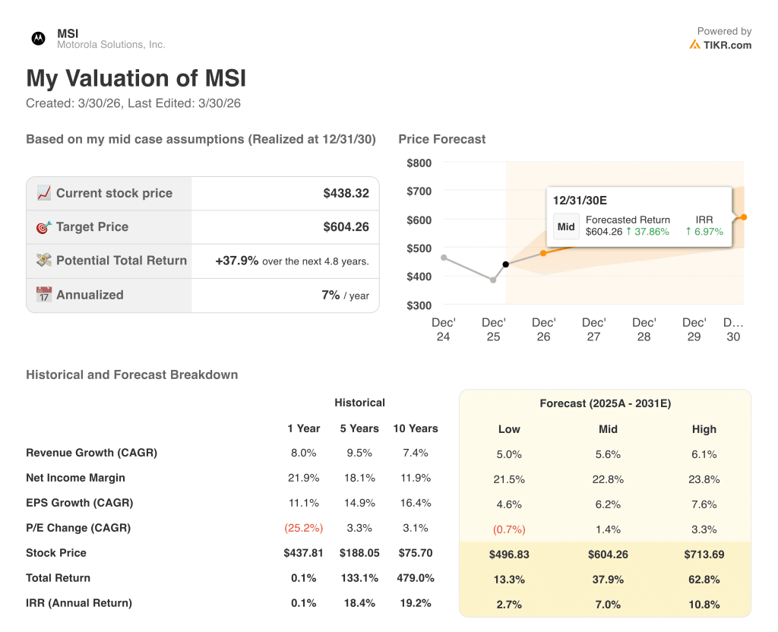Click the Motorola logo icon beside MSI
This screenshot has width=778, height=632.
point(38,38)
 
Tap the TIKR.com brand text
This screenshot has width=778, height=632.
point(727,45)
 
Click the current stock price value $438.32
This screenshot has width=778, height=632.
point(346,194)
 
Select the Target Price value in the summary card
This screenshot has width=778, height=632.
point(346,227)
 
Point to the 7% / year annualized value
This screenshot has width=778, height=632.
point(345,295)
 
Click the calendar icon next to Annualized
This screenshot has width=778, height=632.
point(44,295)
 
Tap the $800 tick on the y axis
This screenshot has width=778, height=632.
point(419,163)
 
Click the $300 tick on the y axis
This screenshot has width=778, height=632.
point(419,305)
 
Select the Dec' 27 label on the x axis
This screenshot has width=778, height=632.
point(593,330)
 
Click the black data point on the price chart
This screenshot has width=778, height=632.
point(506,264)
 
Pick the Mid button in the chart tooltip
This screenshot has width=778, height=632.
point(566,226)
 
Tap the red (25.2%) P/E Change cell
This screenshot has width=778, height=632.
point(303,528)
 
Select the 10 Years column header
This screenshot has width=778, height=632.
point(415,428)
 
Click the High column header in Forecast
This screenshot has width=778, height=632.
point(704,429)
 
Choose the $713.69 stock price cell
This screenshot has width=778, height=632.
point(704,555)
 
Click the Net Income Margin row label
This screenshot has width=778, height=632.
point(75,478)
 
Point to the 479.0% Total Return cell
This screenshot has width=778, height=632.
point(415,578)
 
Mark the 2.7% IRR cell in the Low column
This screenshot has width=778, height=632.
point(509,605)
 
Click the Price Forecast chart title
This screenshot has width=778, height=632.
point(441,139)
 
